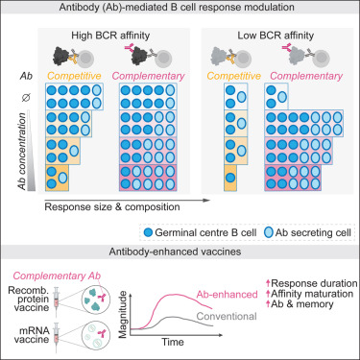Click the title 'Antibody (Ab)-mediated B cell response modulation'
tap(180, 9)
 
